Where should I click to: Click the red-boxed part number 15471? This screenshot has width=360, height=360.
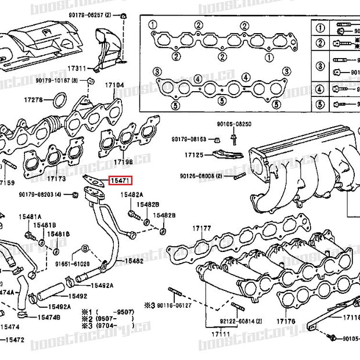[121, 181]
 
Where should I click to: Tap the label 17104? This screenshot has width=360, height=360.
[114, 85]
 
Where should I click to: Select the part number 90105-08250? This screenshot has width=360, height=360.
[234, 124]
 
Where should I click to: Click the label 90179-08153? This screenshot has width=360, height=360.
[189, 139]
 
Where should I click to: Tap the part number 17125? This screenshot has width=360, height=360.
[195, 156]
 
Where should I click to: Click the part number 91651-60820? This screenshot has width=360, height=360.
[74, 263]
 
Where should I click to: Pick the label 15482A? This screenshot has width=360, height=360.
[132, 196]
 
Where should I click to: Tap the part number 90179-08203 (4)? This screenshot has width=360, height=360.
[42, 195]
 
